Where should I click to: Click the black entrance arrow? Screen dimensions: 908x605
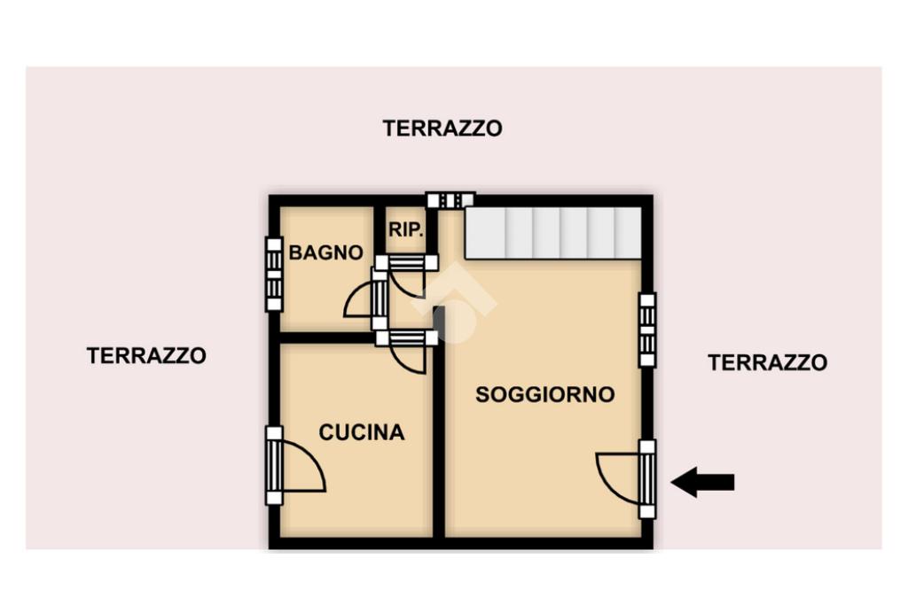point(702,483)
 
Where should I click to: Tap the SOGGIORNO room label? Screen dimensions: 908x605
point(545,394)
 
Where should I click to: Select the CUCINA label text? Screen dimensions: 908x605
point(362,432)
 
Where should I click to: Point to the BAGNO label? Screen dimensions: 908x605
point(325,252)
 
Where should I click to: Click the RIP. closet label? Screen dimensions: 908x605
point(406,229)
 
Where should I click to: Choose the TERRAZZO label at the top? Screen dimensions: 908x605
point(442,128)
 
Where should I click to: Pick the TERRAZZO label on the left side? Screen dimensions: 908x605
point(146,355)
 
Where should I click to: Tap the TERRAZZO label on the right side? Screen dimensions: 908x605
point(767,362)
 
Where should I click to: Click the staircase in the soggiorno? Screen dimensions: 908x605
point(553,232)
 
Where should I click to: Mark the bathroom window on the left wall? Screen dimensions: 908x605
point(274,275)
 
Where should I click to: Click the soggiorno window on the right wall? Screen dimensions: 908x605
point(647,330)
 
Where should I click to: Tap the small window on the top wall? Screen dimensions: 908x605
point(450,200)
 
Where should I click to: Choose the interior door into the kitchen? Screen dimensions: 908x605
point(406,351)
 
